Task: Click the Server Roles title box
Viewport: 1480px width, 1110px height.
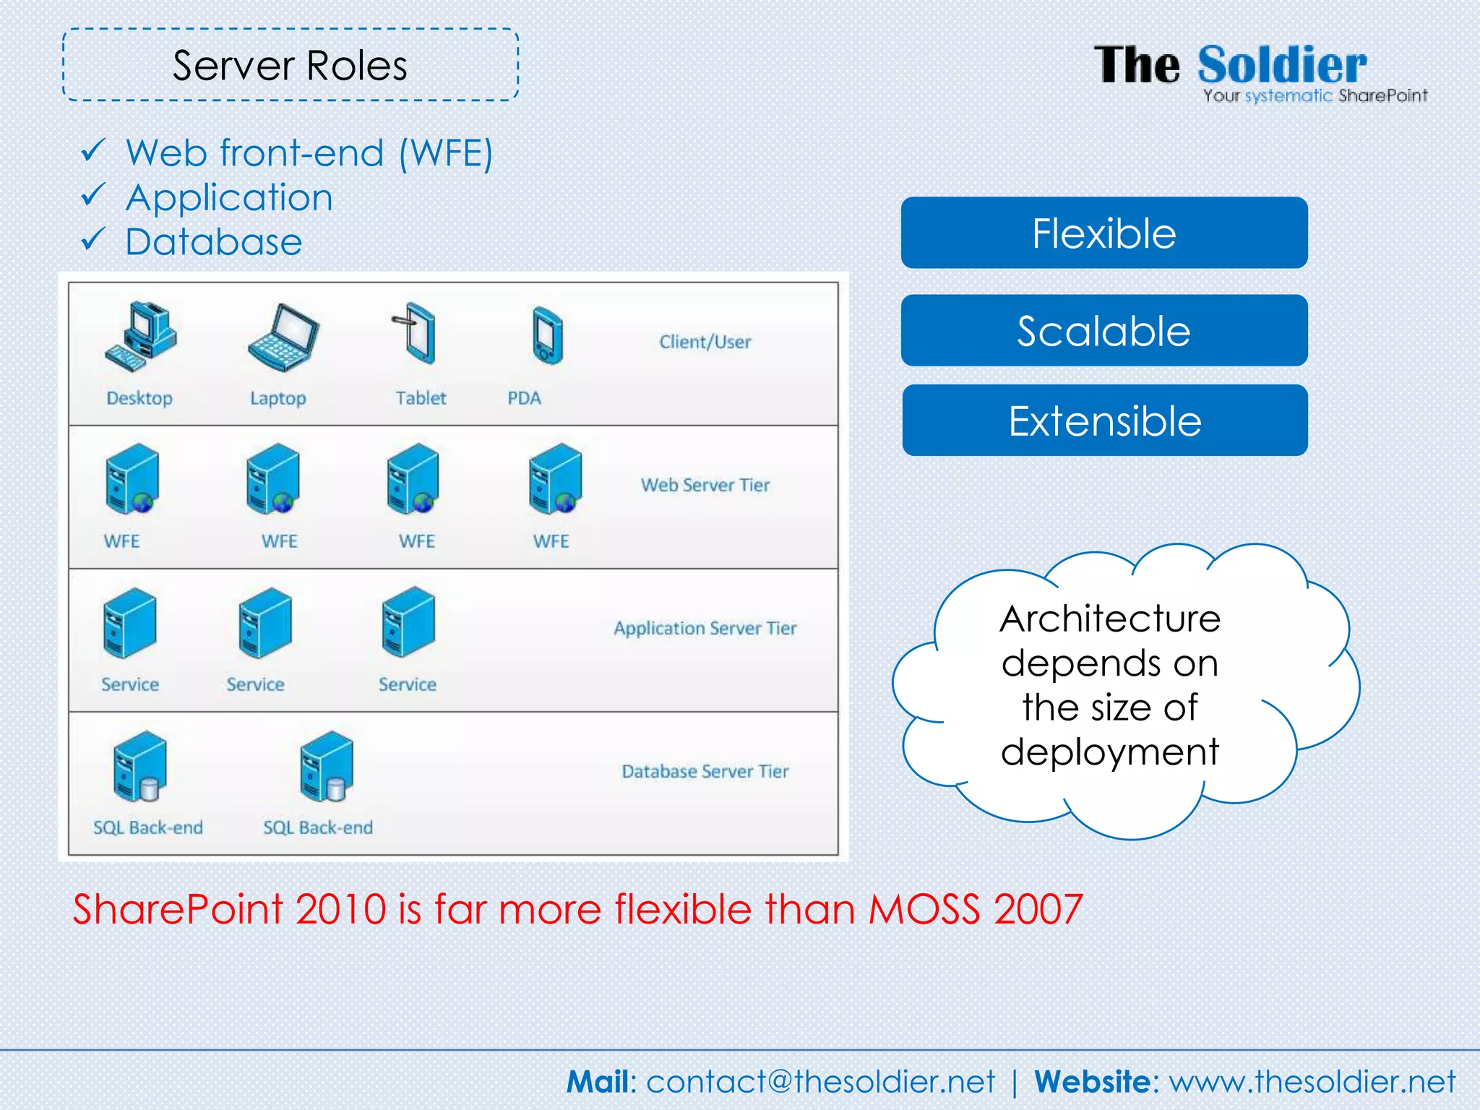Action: [291, 65]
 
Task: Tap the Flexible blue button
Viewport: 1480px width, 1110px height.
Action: [1103, 233]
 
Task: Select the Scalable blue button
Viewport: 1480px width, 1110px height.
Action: [1103, 330]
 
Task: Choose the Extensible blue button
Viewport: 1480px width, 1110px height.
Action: [1104, 421]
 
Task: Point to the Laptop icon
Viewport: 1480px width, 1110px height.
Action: [283, 337]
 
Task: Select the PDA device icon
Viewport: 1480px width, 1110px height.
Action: [547, 335]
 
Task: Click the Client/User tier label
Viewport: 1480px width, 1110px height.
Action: [705, 342]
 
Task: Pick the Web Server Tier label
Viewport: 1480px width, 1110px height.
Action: [705, 485]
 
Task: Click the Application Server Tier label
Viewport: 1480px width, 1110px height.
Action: [705, 628]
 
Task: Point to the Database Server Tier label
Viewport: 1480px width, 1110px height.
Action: [705, 771]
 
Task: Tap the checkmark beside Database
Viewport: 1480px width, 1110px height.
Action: [93, 239]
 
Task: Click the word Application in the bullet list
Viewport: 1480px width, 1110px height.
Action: [229, 197]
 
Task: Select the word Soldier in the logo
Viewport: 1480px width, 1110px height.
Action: [1282, 65]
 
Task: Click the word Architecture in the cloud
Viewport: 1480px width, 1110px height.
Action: [1110, 619]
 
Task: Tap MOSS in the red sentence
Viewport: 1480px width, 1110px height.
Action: [924, 908]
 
